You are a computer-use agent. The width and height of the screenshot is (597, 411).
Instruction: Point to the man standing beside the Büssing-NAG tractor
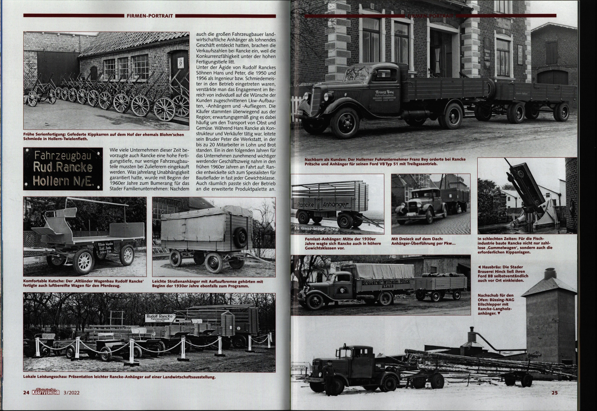[329, 377]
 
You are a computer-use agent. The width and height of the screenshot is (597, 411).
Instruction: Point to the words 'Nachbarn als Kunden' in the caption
[324, 159]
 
